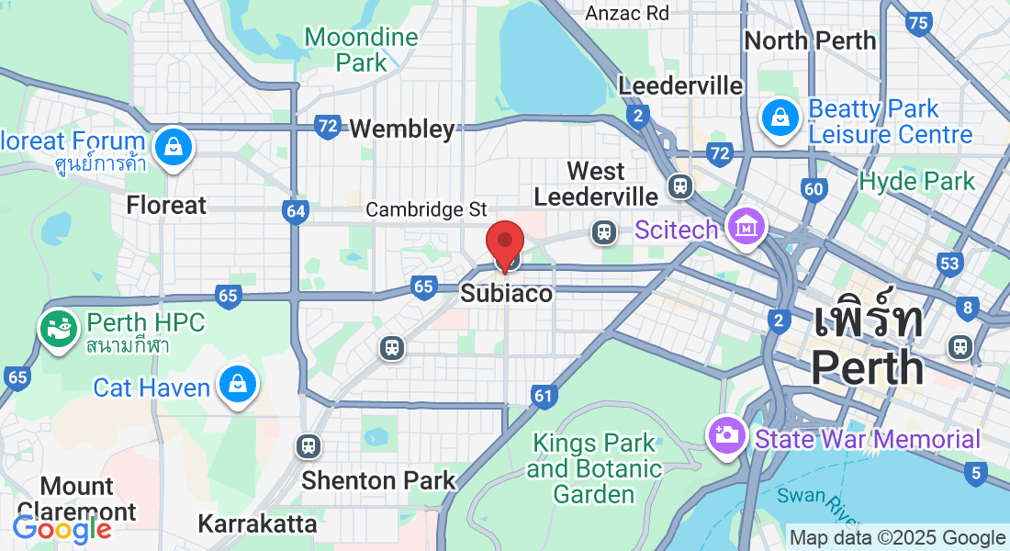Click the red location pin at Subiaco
pyautogui.click(x=504, y=242)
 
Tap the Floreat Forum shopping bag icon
pyautogui.click(x=172, y=146)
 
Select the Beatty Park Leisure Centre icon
pyautogui.click(x=779, y=117)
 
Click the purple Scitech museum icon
pyautogui.click(x=746, y=227)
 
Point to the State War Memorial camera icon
pyautogui.click(x=726, y=433)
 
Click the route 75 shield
pyautogui.click(x=917, y=23)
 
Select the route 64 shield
pyautogui.click(x=296, y=212)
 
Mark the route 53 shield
pyautogui.click(x=949, y=264)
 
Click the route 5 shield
pyautogui.click(x=975, y=474)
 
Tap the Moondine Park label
pyautogui.click(x=362, y=50)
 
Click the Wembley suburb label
pyautogui.click(x=402, y=129)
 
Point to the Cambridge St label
pyautogui.click(x=426, y=209)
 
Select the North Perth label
pyautogui.click(x=810, y=40)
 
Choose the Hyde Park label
pyautogui.click(x=916, y=181)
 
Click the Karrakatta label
pyautogui.click(x=257, y=524)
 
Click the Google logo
pyautogui.click(x=62, y=528)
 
